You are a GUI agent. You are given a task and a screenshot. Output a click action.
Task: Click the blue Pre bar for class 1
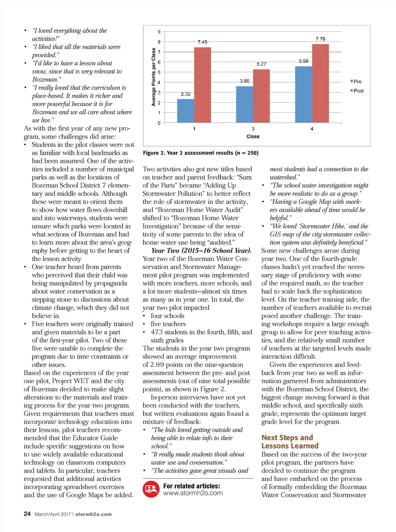186,111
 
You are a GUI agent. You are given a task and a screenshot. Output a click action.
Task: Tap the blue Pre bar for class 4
304,94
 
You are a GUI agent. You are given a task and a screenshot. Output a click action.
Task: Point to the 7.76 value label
320,39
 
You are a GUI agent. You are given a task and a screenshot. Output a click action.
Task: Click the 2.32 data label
186,94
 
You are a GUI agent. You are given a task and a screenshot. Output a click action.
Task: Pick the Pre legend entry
356,81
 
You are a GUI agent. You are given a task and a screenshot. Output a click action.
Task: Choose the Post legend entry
357,91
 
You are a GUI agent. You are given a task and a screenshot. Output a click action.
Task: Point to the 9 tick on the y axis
159,32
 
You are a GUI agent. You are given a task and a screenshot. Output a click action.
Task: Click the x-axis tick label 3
253,129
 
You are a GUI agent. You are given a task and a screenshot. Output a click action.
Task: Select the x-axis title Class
253,137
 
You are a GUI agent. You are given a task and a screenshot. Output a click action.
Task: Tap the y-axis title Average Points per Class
154,77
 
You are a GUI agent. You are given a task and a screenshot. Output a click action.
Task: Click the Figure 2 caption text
201,153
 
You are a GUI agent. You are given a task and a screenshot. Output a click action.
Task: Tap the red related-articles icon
151,489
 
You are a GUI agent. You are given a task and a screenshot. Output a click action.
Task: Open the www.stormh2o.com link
193,493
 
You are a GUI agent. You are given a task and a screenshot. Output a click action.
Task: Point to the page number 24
27,514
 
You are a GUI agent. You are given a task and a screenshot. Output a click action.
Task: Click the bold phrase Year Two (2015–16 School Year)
201,250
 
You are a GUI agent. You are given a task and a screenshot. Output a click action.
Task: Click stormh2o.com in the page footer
93,514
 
